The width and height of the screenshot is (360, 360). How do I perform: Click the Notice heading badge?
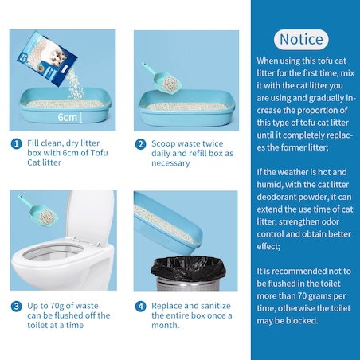(x=301, y=40)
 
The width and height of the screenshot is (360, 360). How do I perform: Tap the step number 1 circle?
(x=17, y=143)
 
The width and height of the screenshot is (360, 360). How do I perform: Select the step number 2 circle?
(x=140, y=144)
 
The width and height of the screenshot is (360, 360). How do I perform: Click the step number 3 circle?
(x=17, y=307)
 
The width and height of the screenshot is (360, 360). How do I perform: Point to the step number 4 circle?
(x=140, y=307)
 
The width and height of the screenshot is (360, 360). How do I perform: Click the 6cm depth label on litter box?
(x=68, y=117)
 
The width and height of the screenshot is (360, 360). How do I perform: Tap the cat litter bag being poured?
(x=47, y=59)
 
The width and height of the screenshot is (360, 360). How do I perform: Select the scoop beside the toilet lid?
(x=38, y=210)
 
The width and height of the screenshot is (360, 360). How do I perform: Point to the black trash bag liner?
(x=188, y=268)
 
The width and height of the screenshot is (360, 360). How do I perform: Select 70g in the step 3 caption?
(x=57, y=306)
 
